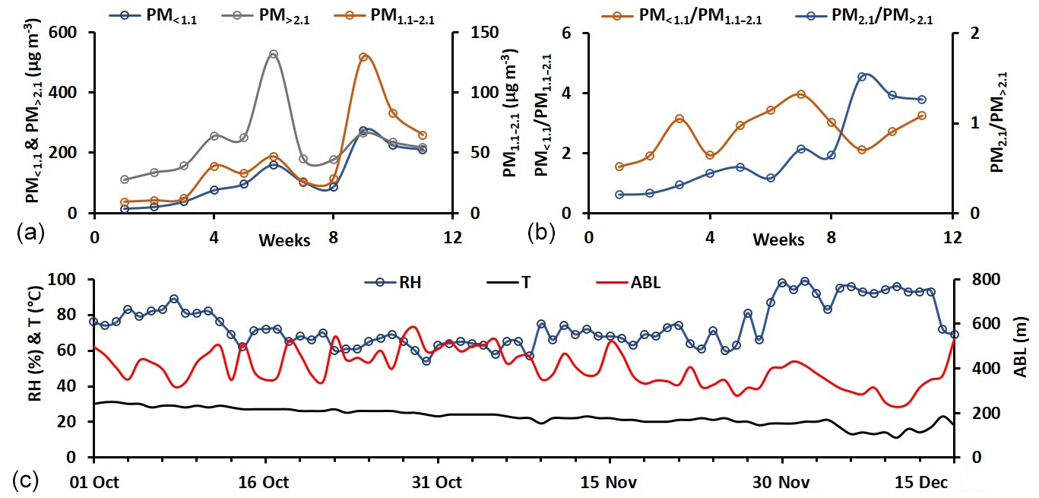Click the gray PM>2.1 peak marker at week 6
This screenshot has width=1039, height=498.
point(274,54)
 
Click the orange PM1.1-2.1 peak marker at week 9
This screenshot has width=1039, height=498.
point(363,57)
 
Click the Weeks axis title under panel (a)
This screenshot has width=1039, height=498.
point(284,240)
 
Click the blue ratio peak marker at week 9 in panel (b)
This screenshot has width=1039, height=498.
point(861,77)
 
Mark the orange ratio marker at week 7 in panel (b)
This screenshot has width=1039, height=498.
point(801,94)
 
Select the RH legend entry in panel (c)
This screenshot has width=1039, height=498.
point(395,284)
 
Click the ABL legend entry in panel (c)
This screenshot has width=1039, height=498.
point(638,284)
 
